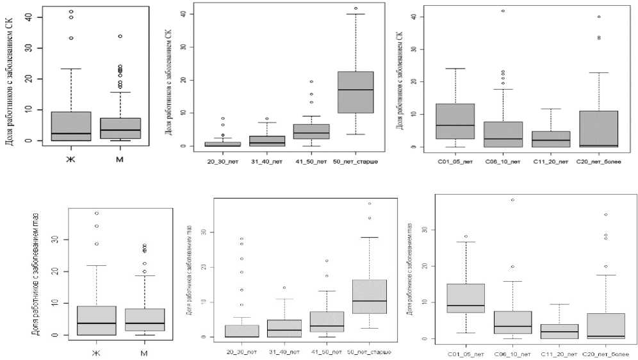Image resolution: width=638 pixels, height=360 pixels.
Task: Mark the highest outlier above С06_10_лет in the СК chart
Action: (503, 11)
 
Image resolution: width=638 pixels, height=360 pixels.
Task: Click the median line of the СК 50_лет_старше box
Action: (354, 90)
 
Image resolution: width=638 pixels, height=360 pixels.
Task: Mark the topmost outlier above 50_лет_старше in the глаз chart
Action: (370, 204)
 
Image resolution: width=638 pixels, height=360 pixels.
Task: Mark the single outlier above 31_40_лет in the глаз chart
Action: (284, 288)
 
